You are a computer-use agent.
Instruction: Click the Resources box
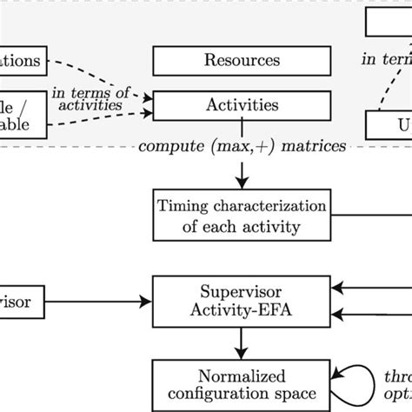(241, 61)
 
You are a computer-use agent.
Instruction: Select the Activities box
(241, 106)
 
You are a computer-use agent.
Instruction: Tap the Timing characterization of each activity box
(241, 217)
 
